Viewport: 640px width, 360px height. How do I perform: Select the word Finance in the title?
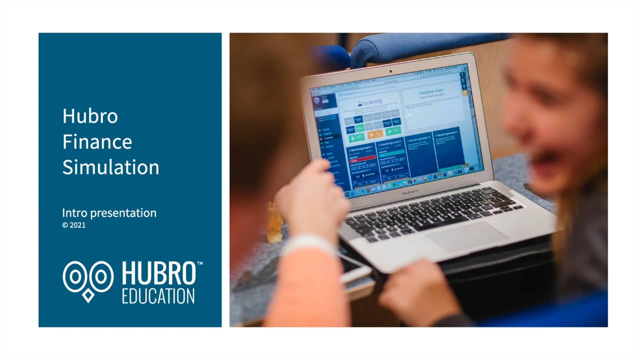pos(97,142)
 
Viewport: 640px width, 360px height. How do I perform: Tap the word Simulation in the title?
pos(110,167)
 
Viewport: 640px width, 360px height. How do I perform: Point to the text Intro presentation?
pos(109,213)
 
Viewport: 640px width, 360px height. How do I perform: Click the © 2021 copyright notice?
pos(73,225)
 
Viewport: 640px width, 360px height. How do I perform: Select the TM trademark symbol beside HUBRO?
pos(199,262)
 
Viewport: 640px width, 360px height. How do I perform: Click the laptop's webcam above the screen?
pos(390,70)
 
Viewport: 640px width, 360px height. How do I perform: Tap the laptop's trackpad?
pos(467,237)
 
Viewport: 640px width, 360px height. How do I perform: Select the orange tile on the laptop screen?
pos(375,134)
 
